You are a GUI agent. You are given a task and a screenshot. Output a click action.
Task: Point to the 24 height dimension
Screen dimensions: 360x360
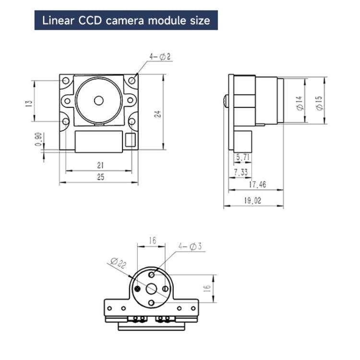point(157,114)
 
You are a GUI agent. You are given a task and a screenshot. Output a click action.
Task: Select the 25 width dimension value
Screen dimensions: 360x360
point(100,177)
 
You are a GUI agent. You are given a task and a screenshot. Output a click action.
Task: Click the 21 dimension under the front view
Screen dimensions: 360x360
point(100,165)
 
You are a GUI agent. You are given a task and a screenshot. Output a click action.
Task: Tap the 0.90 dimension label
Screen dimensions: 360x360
point(38,140)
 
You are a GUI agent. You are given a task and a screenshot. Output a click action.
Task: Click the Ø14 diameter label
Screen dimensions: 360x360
point(299,103)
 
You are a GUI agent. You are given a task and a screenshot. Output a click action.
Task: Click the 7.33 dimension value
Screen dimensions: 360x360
point(241,171)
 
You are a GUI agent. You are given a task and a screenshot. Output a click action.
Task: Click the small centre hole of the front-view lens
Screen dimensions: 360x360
point(99,100)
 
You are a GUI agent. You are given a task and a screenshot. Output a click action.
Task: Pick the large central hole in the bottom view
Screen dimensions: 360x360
point(152,288)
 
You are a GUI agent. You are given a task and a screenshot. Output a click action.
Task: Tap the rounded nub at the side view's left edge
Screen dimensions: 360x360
point(226,100)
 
